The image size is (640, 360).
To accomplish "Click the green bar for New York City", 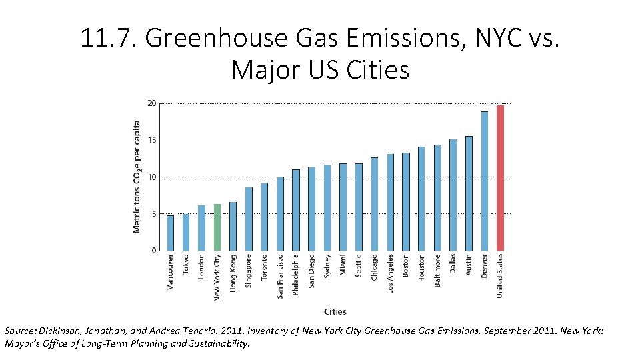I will [x=217, y=227].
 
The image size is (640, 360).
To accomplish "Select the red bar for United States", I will [x=500, y=178].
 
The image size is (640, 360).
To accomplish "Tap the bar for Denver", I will [x=485, y=181].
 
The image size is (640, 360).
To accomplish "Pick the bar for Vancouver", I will [x=170, y=233].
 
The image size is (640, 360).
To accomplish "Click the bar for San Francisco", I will [x=280, y=213].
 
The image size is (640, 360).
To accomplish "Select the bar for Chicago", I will [x=375, y=204].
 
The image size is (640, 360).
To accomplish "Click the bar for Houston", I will [x=421, y=199].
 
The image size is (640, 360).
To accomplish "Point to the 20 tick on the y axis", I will [x=152, y=103].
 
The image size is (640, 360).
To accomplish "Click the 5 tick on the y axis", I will [x=153, y=214].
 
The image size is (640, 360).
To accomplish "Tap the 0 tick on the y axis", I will [x=153, y=251].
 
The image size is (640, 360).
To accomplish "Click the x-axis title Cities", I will [x=335, y=311].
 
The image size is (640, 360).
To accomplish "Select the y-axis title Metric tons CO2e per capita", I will [x=137, y=177].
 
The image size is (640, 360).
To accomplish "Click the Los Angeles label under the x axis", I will [x=390, y=273].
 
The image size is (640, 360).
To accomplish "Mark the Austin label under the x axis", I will [x=469, y=265].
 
